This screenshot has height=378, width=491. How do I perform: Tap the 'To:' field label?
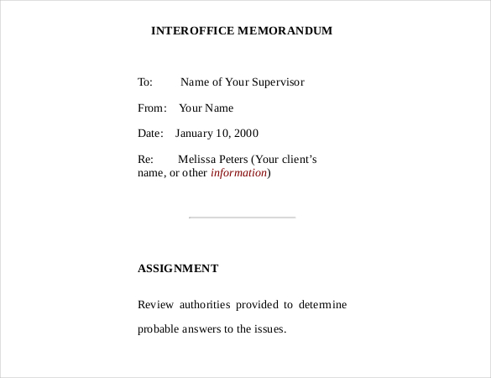coord(145,82)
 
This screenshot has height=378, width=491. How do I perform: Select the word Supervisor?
coord(278,82)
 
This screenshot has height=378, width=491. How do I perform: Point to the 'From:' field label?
coord(152,108)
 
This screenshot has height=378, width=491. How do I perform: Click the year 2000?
coord(245,134)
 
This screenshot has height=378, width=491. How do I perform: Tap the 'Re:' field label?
coord(144,159)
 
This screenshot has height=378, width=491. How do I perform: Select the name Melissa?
coord(196,159)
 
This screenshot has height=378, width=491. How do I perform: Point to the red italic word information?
coord(238,173)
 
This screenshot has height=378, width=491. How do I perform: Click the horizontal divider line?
coord(243,218)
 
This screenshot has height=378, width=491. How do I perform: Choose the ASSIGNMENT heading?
coord(178,269)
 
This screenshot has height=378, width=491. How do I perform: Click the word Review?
coord(154,304)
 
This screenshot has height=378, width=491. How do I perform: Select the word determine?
coord(322,304)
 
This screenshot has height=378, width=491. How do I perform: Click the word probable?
coord(159,329)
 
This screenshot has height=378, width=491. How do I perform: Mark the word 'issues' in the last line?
coord(269,329)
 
